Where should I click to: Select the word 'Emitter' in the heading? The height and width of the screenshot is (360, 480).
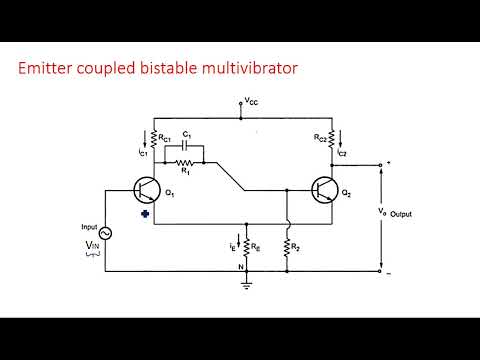coord(49,69)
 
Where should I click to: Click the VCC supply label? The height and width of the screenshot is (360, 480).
coord(250,102)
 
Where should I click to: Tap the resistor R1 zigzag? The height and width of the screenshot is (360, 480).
coord(184,160)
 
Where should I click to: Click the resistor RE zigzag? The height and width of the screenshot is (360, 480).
coord(245,243)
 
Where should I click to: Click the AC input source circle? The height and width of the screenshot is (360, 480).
coord(104,233)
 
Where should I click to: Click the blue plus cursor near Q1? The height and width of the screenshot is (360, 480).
coord(146,213)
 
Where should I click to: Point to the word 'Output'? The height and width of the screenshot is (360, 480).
coord(401,214)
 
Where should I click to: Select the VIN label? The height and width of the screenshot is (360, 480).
coord(92,245)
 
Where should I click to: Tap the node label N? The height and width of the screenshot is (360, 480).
coord(238,265)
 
